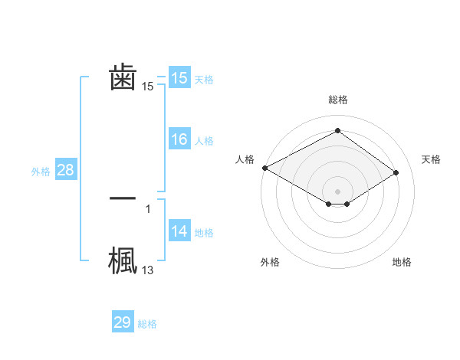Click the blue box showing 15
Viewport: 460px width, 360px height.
[x=179, y=78]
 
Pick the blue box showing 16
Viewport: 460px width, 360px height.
[x=179, y=140]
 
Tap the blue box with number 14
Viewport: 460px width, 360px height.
[x=179, y=232]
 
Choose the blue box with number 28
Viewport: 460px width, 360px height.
[x=65, y=171]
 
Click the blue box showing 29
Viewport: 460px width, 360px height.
[x=123, y=323]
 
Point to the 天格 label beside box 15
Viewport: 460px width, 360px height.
[x=204, y=80]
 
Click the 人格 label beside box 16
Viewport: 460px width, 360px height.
[x=204, y=141]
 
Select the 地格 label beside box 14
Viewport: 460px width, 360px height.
[x=204, y=233]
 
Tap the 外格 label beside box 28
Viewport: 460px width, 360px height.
[x=41, y=172]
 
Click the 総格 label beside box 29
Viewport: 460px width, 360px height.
[x=147, y=324]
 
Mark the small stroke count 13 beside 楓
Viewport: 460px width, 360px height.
[x=148, y=270]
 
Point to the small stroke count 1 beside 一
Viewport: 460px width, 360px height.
[x=148, y=208]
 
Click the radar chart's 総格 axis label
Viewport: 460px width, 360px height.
[x=337, y=100]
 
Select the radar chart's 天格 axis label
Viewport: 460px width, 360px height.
[x=432, y=159]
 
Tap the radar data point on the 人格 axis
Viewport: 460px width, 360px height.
[x=264, y=168]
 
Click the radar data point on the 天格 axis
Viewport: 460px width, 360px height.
[x=396, y=172]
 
